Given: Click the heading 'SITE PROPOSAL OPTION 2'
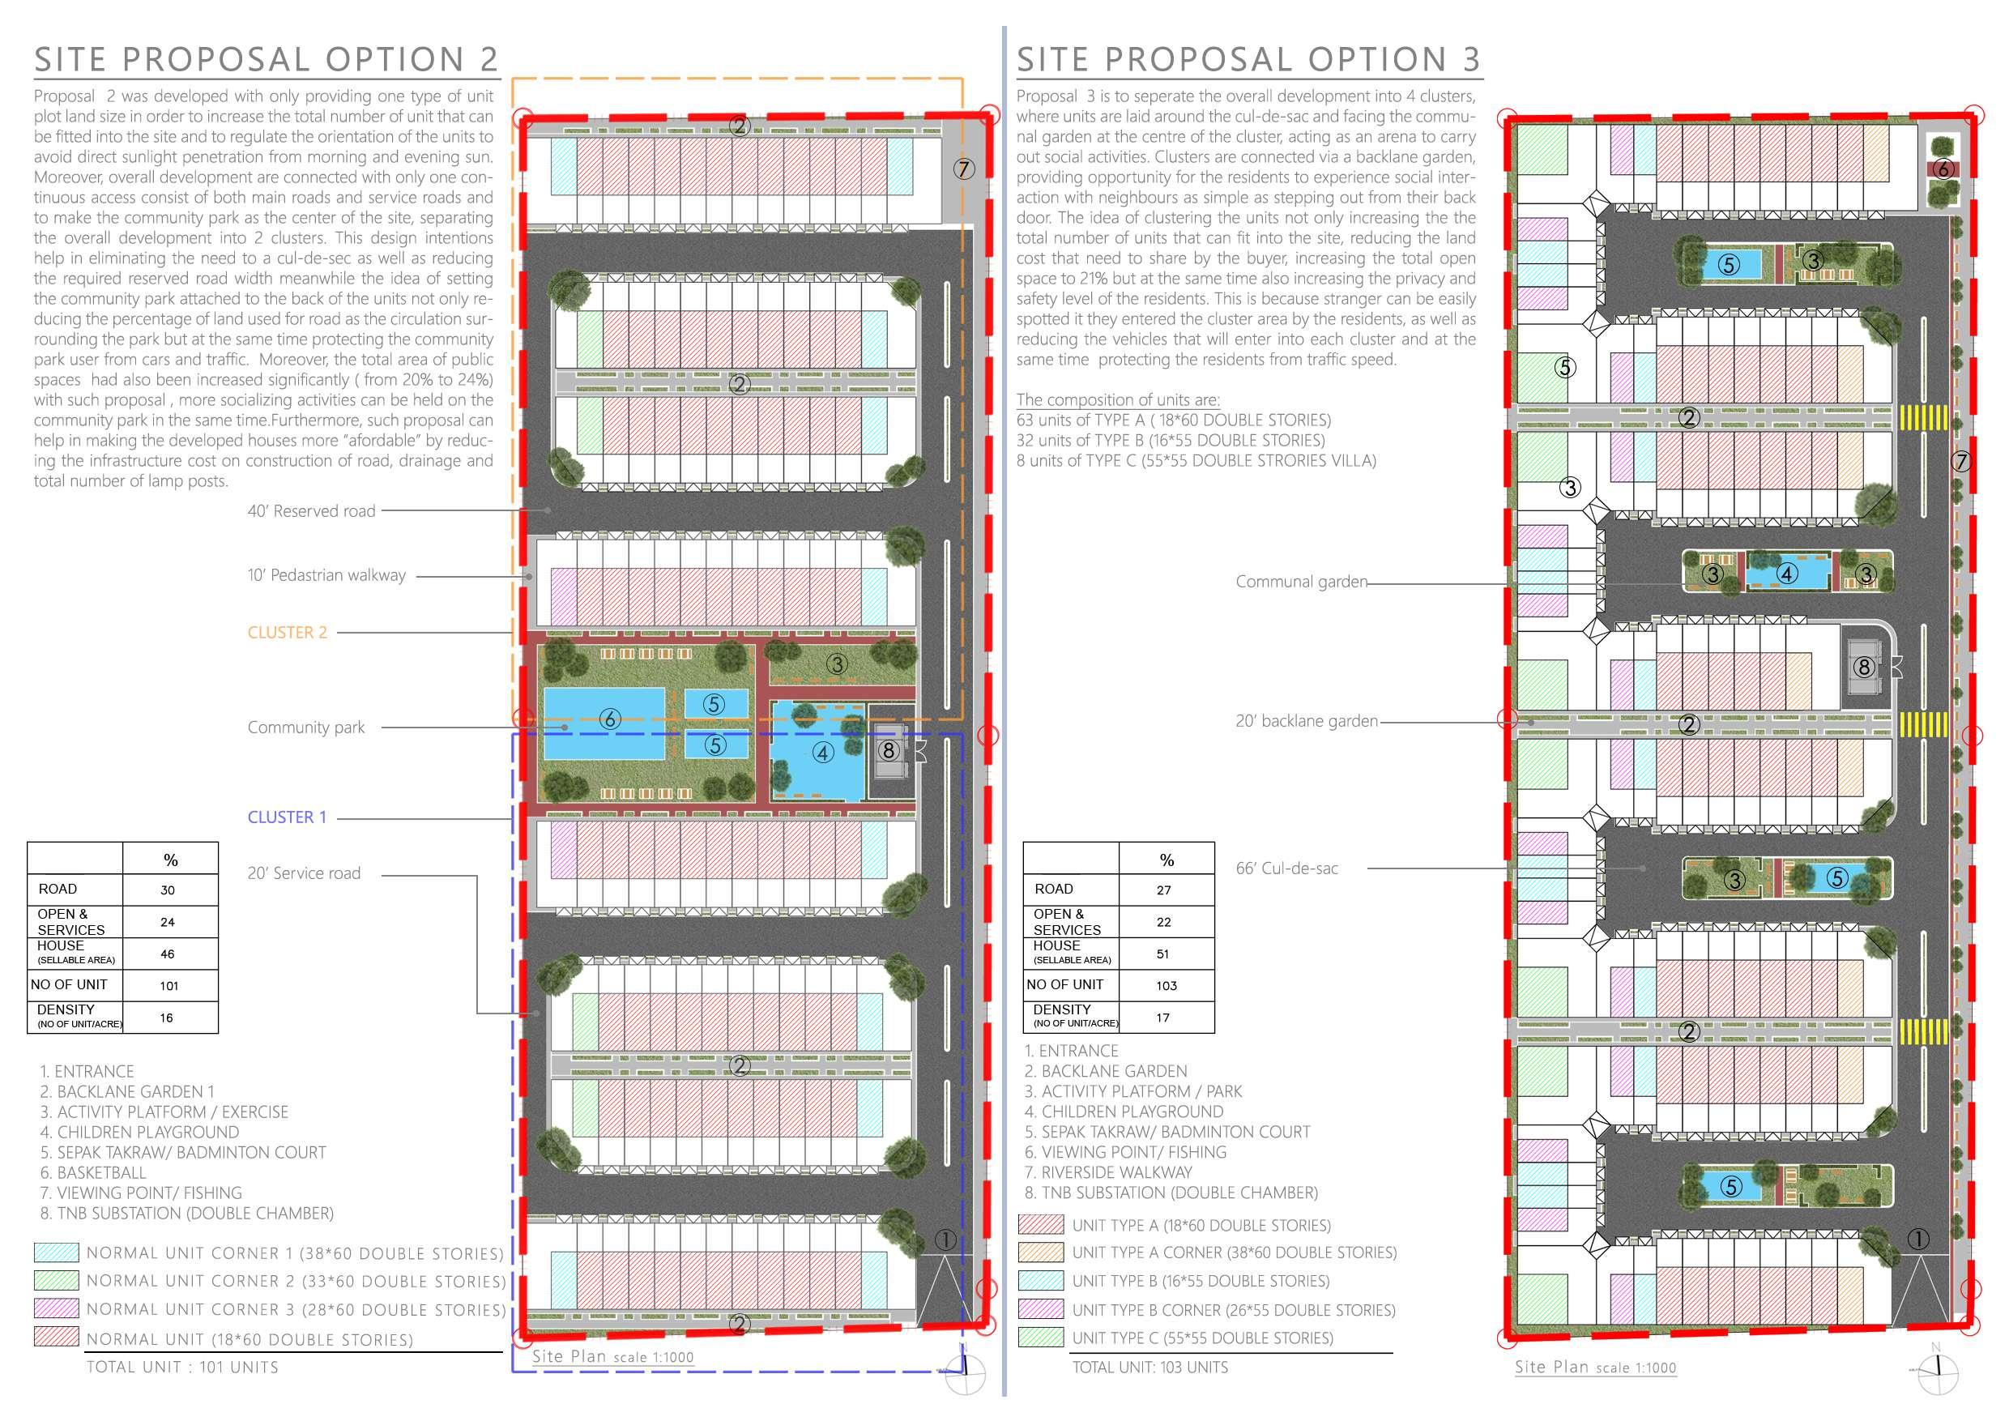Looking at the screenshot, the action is (x=266, y=59).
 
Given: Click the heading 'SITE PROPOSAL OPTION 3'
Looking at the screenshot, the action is (x=1248, y=59).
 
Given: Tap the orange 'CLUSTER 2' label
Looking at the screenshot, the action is (x=287, y=633).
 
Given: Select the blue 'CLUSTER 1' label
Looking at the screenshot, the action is (x=287, y=817).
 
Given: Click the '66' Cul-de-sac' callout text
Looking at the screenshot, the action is (x=1286, y=868).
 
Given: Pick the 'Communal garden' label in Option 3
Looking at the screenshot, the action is (x=1301, y=582).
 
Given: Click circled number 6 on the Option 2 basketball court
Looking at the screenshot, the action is (x=610, y=719).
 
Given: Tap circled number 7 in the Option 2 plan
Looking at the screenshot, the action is (x=963, y=169).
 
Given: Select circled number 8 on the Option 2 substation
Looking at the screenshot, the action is (x=889, y=751).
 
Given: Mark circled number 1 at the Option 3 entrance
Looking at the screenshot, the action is (x=1918, y=1239).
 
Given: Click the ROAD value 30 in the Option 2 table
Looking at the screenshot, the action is (x=167, y=890).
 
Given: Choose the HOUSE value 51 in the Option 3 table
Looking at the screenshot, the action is (x=1163, y=954).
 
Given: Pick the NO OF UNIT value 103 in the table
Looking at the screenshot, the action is (x=1167, y=985).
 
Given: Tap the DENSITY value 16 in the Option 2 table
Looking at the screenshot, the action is (x=166, y=1018).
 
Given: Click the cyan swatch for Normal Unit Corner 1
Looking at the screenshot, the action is (x=56, y=1253).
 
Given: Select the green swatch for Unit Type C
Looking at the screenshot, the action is (x=1041, y=1338).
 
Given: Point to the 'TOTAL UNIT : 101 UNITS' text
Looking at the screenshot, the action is (x=182, y=1368).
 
